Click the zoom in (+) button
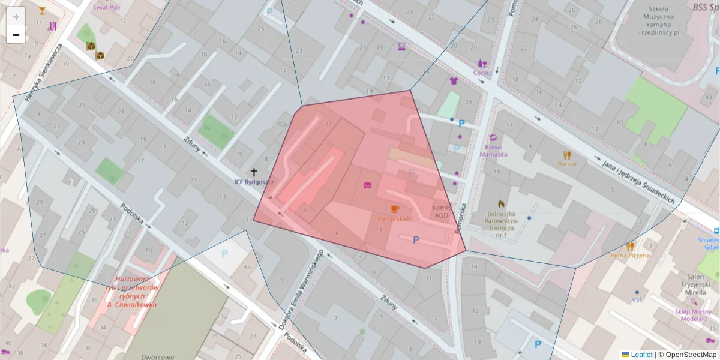pos(16,17)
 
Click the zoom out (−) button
pos(16,35)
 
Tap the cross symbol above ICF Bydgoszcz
pos(254,172)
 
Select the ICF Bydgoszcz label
pos(254,181)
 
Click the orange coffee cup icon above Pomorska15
pos(394,209)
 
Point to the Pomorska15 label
pos(395,219)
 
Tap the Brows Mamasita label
pos(493,150)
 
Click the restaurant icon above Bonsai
pos(567,155)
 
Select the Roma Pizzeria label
pos(630,255)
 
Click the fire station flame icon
pos(501,204)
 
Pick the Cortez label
pos(482,73)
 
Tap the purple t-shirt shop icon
pos(454,81)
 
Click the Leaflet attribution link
pos(641,355)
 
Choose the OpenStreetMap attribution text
pos(687,355)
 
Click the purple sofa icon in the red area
pos(367,184)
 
